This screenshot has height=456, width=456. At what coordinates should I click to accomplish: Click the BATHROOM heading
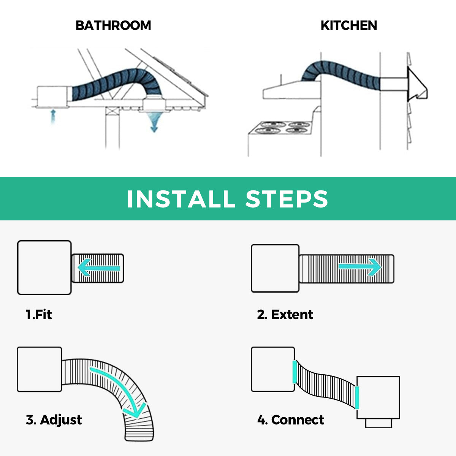113,25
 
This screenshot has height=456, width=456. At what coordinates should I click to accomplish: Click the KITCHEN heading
349,25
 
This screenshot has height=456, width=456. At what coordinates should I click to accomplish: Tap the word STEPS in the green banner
287,199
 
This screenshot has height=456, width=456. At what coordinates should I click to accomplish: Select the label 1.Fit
39,315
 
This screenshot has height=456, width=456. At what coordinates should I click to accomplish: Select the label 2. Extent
285,315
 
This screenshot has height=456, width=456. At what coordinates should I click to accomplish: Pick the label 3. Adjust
54,420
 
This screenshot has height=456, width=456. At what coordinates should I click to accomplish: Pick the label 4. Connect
291,420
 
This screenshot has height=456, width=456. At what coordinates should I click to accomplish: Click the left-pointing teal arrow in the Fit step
99,268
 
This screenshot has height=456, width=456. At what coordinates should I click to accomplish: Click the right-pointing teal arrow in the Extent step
360,267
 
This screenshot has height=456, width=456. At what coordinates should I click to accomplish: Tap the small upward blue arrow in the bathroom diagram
53,117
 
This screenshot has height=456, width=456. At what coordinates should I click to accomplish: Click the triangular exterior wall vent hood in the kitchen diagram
417,84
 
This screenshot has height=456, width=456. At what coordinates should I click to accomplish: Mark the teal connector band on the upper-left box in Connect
294,372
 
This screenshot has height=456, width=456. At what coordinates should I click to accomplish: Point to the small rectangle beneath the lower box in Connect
378,423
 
